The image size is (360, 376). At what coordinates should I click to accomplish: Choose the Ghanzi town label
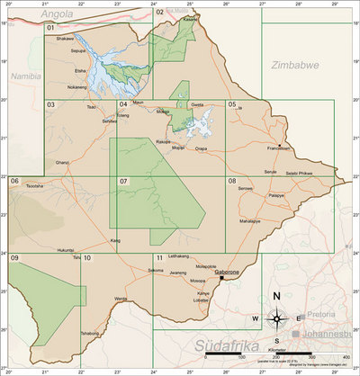[x=62, y=162]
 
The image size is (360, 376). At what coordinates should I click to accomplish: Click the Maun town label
[x=138, y=103]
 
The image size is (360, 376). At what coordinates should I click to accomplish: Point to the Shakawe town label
[x=65, y=40]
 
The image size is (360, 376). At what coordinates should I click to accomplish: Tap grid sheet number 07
[x=125, y=182]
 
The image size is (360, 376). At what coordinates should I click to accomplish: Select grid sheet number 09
[x=15, y=259]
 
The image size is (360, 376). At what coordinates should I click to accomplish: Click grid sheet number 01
[x=52, y=29]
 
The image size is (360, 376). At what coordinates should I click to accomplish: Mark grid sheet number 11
[x=158, y=259]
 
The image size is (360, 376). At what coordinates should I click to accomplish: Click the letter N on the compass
[x=277, y=298]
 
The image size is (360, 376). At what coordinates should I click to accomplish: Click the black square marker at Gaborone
[x=221, y=277]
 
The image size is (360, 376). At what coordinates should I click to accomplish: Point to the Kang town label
[x=115, y=241]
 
